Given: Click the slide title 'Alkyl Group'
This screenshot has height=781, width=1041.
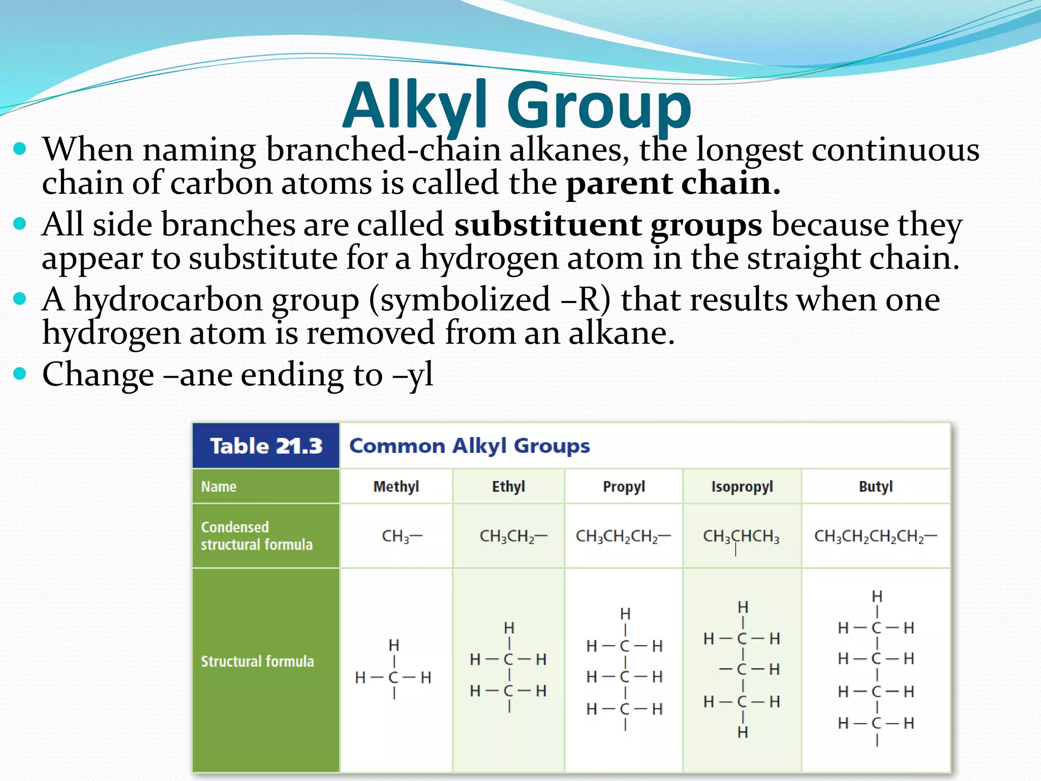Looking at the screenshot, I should point(517,105).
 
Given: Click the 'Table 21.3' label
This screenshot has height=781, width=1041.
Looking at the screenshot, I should point(266,446).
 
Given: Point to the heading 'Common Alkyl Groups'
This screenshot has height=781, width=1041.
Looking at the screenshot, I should point(469,446).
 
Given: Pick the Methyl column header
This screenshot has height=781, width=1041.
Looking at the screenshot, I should point(396,487).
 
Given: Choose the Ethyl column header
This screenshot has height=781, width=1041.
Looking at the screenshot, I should point(508,487).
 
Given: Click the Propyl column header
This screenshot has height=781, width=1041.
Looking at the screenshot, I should point(624,487).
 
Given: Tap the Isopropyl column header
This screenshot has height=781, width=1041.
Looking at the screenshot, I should point(742,487).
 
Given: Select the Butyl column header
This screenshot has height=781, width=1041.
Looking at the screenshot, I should point(875,487).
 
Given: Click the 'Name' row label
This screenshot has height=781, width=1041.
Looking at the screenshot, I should point(219,487).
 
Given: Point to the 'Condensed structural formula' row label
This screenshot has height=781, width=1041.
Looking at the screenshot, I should point(257,535).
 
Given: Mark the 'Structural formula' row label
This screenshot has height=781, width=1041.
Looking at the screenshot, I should point(257,661).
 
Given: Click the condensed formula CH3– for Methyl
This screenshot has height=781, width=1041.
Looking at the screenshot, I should point(402,536).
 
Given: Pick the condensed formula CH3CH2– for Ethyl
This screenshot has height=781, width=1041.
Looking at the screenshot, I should point(513,536).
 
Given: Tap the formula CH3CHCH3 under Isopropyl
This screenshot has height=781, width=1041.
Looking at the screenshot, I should point(741,536).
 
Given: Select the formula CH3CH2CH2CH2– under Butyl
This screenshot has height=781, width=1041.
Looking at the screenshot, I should point(875,536).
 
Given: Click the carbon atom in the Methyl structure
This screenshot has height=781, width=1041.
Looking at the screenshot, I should point(393,677).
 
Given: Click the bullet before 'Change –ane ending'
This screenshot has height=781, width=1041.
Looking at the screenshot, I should point(20,374).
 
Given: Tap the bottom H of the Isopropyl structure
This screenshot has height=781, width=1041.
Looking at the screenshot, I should point(743,732).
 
